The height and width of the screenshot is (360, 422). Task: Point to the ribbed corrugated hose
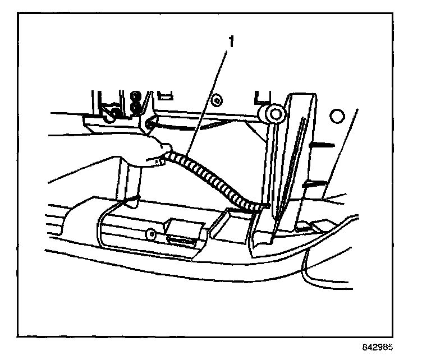click(x=208, y=177)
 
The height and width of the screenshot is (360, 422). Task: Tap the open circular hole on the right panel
click(x=336, y=116)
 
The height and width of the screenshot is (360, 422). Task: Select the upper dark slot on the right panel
click(x=323, y=145)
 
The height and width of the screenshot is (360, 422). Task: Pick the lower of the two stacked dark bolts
click(x=135, y=106)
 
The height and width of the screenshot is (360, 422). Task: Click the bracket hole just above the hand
click(x=150, y=123)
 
